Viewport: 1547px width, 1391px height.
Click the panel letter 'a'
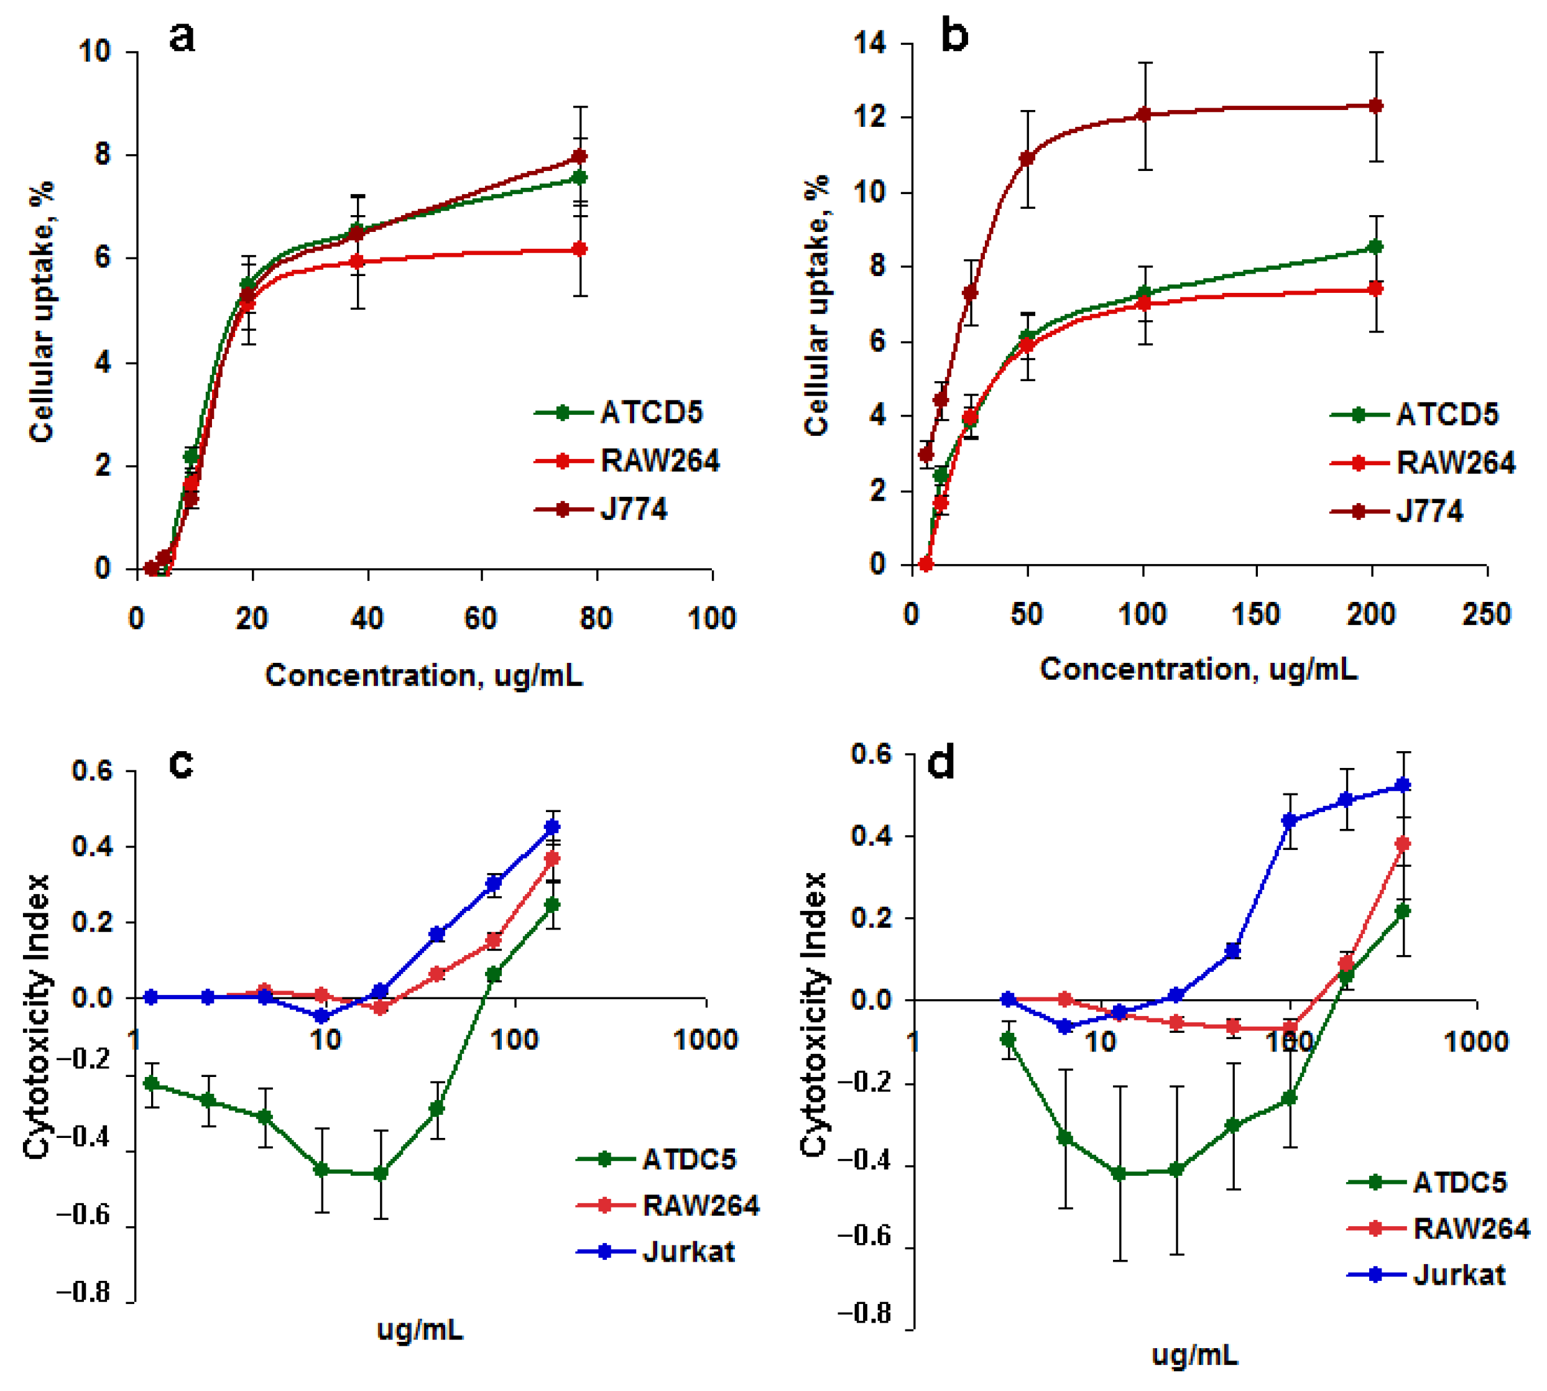[x=182, y=37]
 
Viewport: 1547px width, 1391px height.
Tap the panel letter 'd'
[x=940, y=762]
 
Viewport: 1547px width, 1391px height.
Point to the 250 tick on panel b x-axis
[x=1486, y=614]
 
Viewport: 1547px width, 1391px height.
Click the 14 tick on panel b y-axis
[x=870, y=44]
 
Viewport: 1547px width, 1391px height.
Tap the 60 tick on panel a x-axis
[x=481, y=617]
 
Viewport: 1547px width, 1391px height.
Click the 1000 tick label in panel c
[x=704, y=1038]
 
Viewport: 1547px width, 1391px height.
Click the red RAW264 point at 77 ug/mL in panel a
[x=580, y=249]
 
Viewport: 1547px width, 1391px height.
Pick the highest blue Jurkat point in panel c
[x=551, y=827]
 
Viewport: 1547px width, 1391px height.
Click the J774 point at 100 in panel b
[x=1143, y=114]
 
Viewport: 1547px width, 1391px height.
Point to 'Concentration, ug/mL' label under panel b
[x=1198, y=670]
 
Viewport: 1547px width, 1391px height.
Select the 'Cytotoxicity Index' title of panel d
[x=814, y=1014]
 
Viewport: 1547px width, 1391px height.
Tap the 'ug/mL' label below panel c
[x=420, y=1330]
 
